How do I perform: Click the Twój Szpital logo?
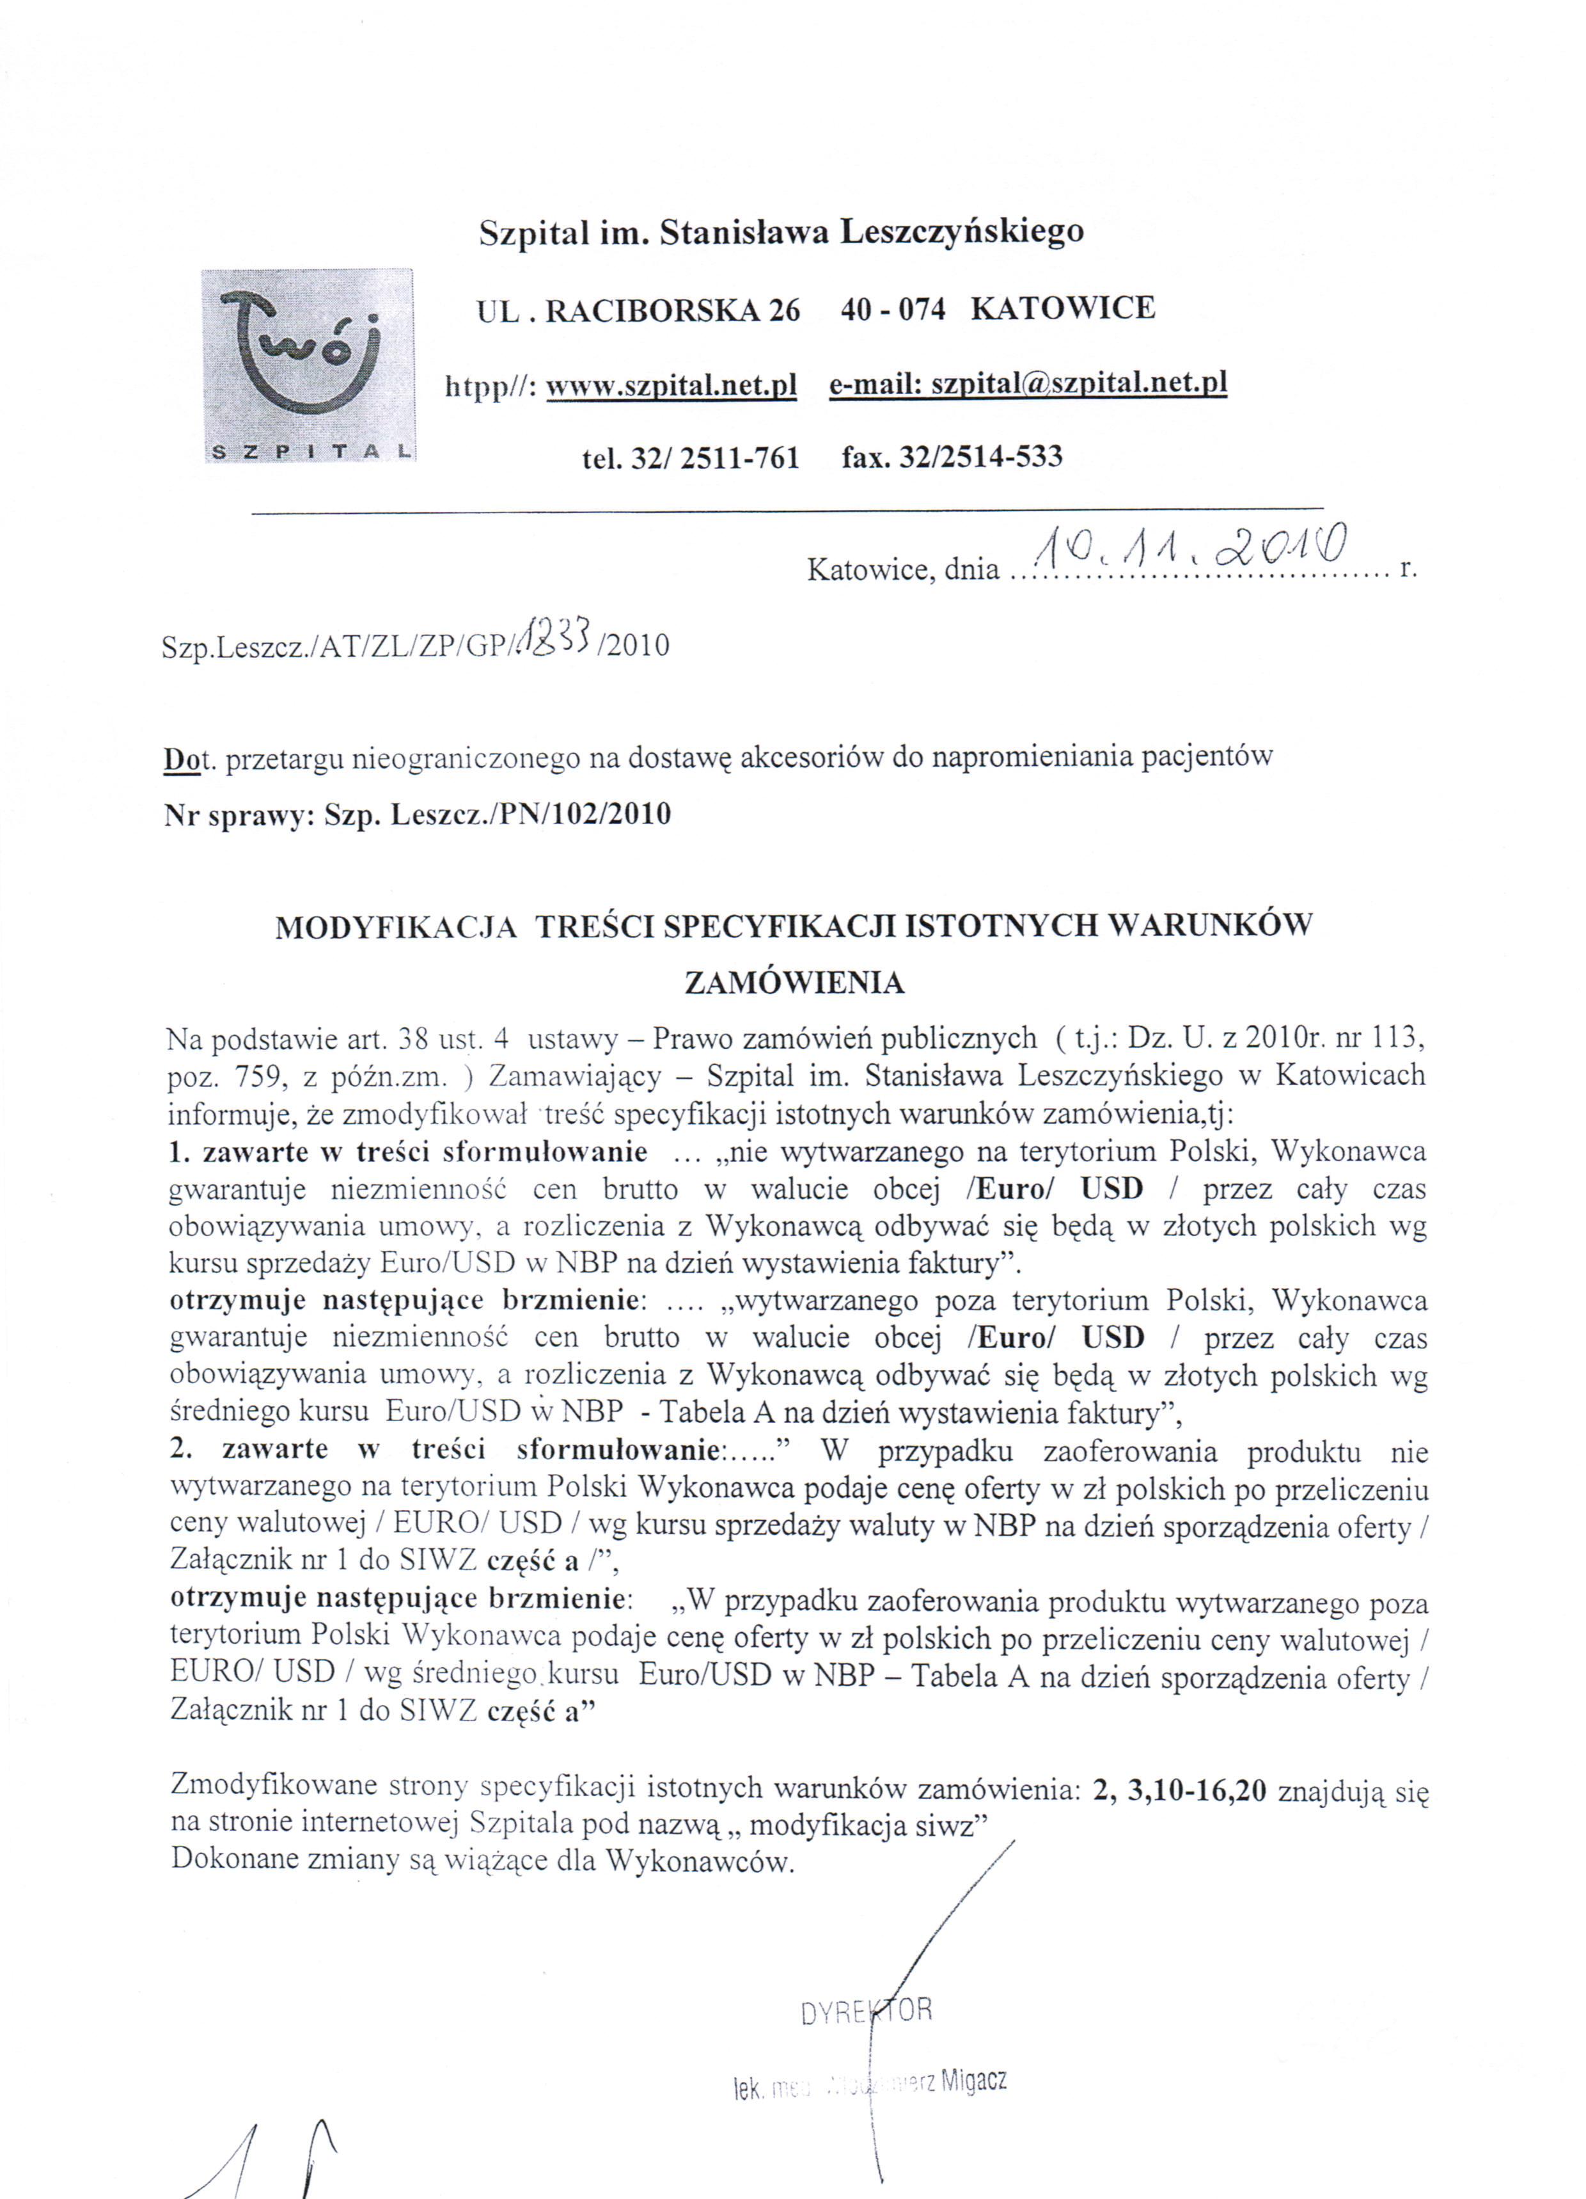pos(308,365)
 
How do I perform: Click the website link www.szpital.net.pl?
pos(671,386)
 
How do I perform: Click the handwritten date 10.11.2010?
pos(1188,553)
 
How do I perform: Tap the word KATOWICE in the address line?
pos(1062,308)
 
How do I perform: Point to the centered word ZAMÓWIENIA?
pos(794,984)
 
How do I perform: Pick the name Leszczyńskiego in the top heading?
pos(961,232)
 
